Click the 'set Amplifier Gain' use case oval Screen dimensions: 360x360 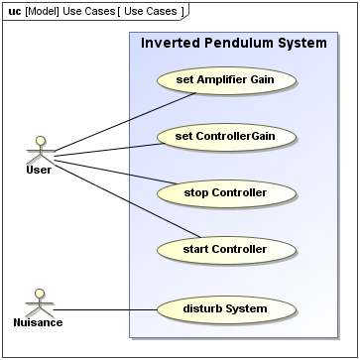[226, 78]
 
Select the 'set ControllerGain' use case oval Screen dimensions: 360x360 [226, 136]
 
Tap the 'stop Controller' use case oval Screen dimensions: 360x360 [226, 192]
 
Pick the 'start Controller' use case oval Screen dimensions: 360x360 [226, 249]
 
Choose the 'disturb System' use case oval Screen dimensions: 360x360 [226, 308]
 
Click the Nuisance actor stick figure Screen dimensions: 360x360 [41, 301]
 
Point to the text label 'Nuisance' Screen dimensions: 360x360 [41, 322]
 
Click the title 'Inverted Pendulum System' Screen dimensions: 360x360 [234, 44]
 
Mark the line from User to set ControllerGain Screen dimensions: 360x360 [109, 149]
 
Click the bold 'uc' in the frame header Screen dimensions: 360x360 [14, 10]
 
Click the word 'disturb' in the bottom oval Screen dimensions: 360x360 [204, 308]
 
